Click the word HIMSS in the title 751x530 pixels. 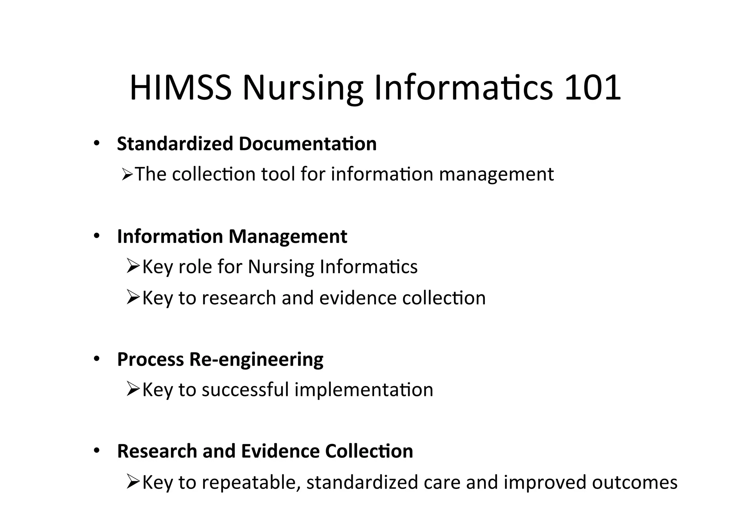180,88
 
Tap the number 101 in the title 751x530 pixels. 592,88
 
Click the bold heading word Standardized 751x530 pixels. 175,144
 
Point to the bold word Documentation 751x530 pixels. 308,144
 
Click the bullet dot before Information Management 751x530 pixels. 96,236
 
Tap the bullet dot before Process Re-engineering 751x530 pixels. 96,359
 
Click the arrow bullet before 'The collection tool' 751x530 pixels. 127,175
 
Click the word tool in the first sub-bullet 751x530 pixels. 278,174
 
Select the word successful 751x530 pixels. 245,389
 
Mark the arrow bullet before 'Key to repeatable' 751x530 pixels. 133,481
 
